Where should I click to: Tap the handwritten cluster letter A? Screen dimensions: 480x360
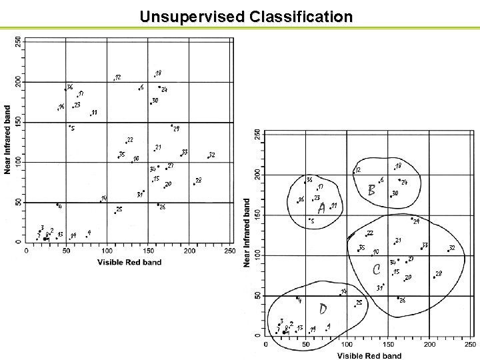[x=322, y=209]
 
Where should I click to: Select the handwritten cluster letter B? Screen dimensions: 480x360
[x=372, y=190]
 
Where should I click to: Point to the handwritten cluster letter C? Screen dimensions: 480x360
[x=376, y=269]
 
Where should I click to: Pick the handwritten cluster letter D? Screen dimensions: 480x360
[x=323, y=309]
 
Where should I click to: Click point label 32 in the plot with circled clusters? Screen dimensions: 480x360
[x=452, y=248]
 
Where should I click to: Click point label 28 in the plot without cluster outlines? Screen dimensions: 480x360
[x=199, y=181]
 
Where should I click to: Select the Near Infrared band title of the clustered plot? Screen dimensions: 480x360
[x=247, y=233]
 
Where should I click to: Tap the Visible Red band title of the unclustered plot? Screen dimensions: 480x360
[x=129, y=263]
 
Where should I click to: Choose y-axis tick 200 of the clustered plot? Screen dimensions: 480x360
[x=258, y=175]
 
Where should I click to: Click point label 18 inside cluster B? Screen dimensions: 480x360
[x=399, y=165]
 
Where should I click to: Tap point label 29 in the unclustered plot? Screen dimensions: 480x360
[x=176, y=129]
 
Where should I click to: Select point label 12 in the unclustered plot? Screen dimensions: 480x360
[x=118, y=78]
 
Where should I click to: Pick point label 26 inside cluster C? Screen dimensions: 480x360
[x=403, y=301]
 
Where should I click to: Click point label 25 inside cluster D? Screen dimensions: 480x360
[x=359, y=303]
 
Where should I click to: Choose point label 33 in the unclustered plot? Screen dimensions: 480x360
[x=184, y=152]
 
